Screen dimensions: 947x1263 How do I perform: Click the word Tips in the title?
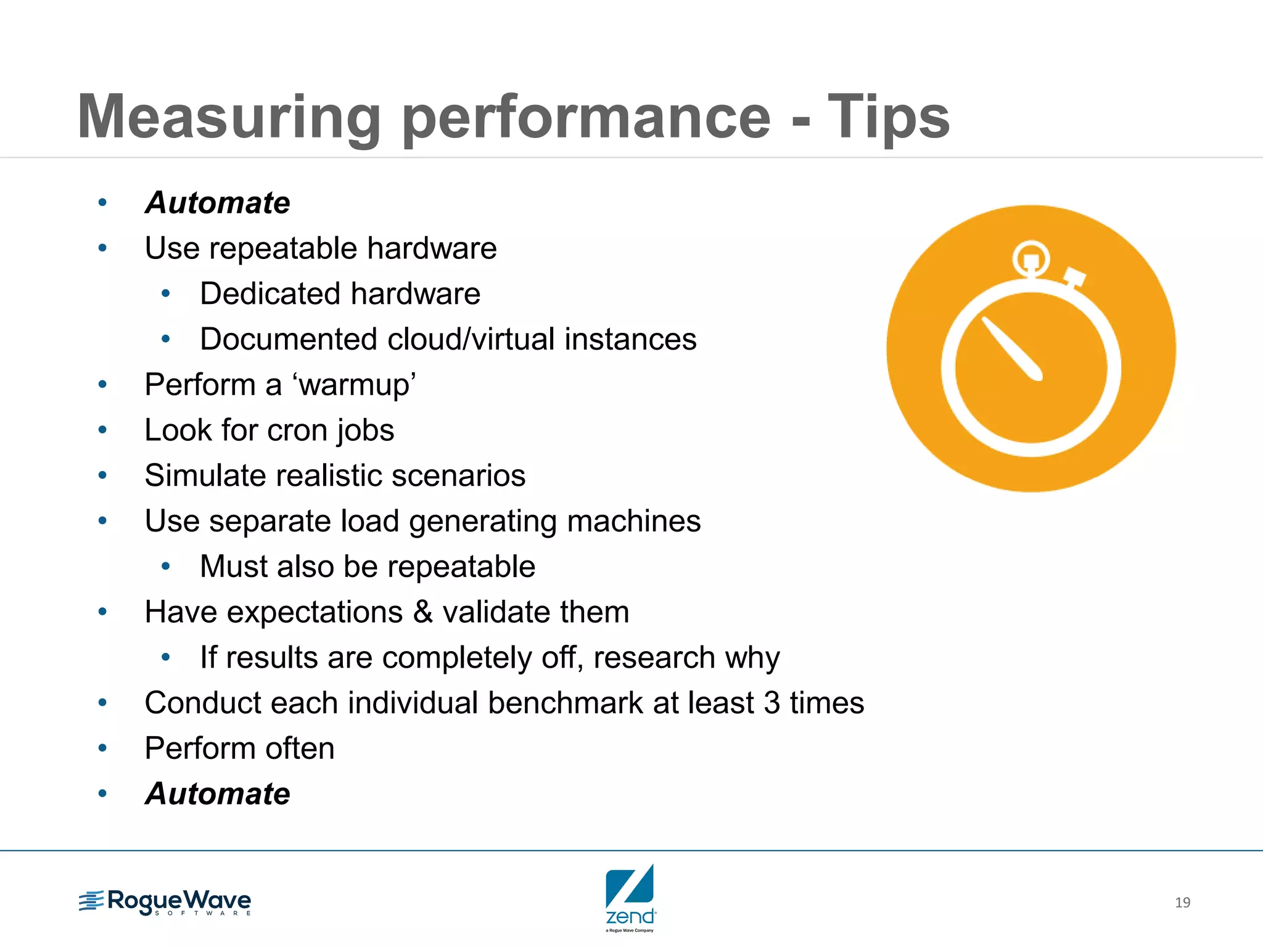[x=888, y=117]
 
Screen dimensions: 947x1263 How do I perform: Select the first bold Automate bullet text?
[x=217, y=203]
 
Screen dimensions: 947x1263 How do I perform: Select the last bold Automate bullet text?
[x=217, y=793]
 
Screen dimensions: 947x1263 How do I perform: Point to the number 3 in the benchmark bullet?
[x=771, y=703]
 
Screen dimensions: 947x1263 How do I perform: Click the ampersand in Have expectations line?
[x=423, y=612]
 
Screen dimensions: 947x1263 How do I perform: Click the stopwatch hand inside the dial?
[x=1012, y=349]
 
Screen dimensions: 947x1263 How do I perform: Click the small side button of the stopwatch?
[x=1074, y=277]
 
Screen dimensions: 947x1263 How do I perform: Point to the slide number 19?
[x=1182, y=903]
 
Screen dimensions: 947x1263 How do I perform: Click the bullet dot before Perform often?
[x=102, y=748]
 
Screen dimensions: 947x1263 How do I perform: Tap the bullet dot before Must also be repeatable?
[x=165, y=567]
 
